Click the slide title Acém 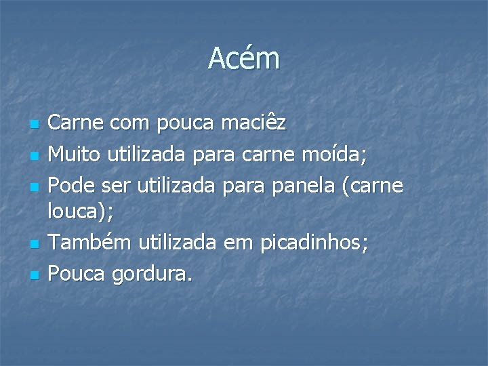click(x=243, y=58)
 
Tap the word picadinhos click(x=325, y=243)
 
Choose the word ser click(x=118, y=185)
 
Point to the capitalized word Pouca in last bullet click(x=75, y=272)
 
